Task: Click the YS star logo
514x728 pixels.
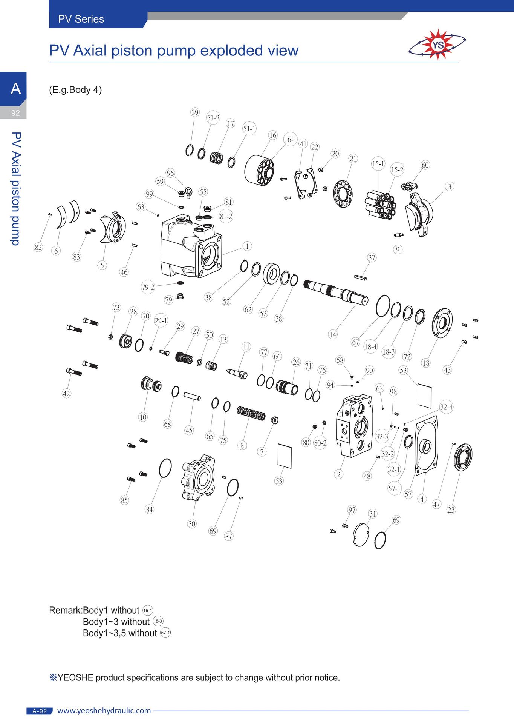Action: coord(437,45)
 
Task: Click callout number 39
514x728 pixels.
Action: coord(194,112)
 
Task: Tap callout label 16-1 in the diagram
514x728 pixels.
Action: coord(290,140)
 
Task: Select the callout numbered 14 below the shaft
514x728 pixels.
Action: coord(333,334)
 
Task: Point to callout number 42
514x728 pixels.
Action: coord(66,394)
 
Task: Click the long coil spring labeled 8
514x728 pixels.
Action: coord(251,413)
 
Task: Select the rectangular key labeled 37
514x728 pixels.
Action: coord(360,277)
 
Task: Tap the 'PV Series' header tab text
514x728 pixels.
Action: coord(81,19)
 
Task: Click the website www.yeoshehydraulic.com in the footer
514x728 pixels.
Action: coord(104,711)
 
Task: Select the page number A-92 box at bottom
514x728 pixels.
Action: coord(40,711)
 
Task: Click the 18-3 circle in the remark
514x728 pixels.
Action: coord(158,621)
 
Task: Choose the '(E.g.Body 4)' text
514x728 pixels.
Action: coord(75,90)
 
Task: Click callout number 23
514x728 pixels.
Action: coord(451,510)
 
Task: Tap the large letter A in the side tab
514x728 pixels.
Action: coord(15,89)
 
